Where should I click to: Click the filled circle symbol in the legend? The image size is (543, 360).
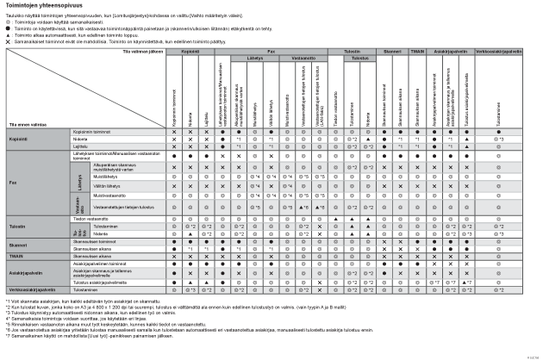click(8, 29)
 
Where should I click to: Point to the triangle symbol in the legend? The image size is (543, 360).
click(8, 35)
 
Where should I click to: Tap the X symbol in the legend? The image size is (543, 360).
click(8, 41)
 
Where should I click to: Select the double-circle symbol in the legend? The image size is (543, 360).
click(8, 23)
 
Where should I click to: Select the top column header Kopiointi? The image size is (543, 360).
click(189, 53)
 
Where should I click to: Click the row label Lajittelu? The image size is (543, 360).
click(81, 146)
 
